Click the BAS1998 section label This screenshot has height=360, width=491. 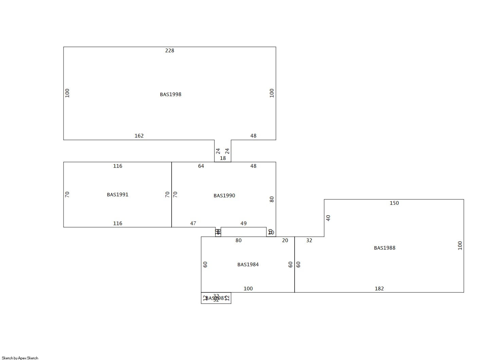click(x=171, y=94)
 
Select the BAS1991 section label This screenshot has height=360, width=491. click(x=118, y=195)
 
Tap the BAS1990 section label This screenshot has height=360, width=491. click(x=224, y=196)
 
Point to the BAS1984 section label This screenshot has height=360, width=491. click(x=248, y=265)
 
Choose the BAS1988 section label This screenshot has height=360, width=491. click(x=385, y=248)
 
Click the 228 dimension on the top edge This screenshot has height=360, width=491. click(x=170, y=51)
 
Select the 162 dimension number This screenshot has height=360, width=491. click(x=139, y=136)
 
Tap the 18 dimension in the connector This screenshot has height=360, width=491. click(x=223, y=158)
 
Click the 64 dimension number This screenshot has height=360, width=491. click(x=201, y=166)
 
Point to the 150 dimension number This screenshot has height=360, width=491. click(x=394, y=203)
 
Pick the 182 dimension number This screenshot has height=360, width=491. click(x=379, y=289)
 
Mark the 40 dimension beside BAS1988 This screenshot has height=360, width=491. click(x=328, y=218)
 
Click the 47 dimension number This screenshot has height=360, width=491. click(x=193, y=223)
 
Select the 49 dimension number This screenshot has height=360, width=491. click(x=244, y=223)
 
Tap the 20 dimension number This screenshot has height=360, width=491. click(x=285, y=240)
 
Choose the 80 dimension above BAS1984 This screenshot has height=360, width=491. click(x=239, y=240)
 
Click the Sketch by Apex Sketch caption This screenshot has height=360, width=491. click(x=20, y=358)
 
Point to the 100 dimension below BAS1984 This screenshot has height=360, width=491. click(x=248, y=289)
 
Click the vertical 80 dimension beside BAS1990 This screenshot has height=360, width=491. click(x=272, y=199)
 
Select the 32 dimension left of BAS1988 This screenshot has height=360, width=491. click(x=309, y=240)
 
